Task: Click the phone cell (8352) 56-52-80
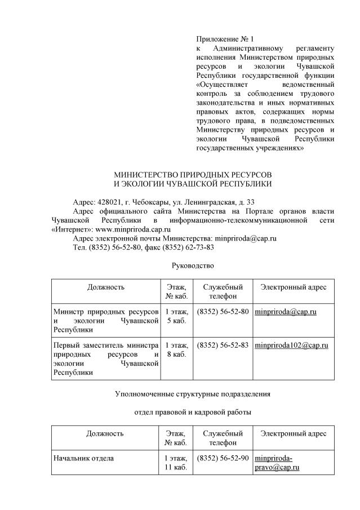tap(223, 312)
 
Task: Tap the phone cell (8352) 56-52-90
tap(223, 458)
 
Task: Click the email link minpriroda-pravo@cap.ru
tap(277, 463)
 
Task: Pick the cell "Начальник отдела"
tap(83, 458)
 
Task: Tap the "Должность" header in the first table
tap(106, 287)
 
